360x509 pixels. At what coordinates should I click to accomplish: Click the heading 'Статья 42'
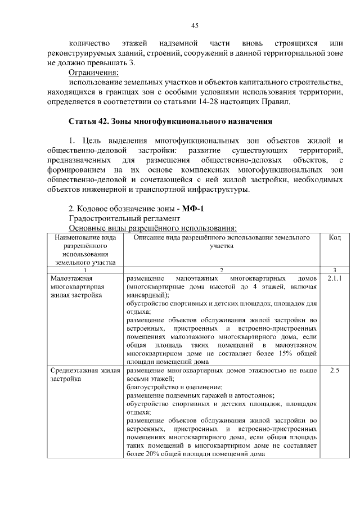point(170,121)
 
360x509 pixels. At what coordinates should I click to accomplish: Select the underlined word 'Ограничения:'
point(93,73)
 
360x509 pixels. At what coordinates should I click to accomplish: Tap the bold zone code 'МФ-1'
point(193,209)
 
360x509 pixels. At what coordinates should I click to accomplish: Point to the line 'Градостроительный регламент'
point(125,218)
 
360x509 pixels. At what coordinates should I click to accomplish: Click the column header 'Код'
point(335,238)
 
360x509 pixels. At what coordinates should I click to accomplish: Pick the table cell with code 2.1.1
point(335,278)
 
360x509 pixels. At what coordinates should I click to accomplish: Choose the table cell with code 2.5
point(335,371)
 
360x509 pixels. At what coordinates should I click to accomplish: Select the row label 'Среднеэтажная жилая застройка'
point(83,375)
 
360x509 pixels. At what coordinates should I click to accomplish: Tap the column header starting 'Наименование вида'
point(85,250)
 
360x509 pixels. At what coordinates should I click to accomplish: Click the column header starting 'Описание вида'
point(222,242)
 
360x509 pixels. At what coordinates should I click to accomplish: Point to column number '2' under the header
point(222,271)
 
